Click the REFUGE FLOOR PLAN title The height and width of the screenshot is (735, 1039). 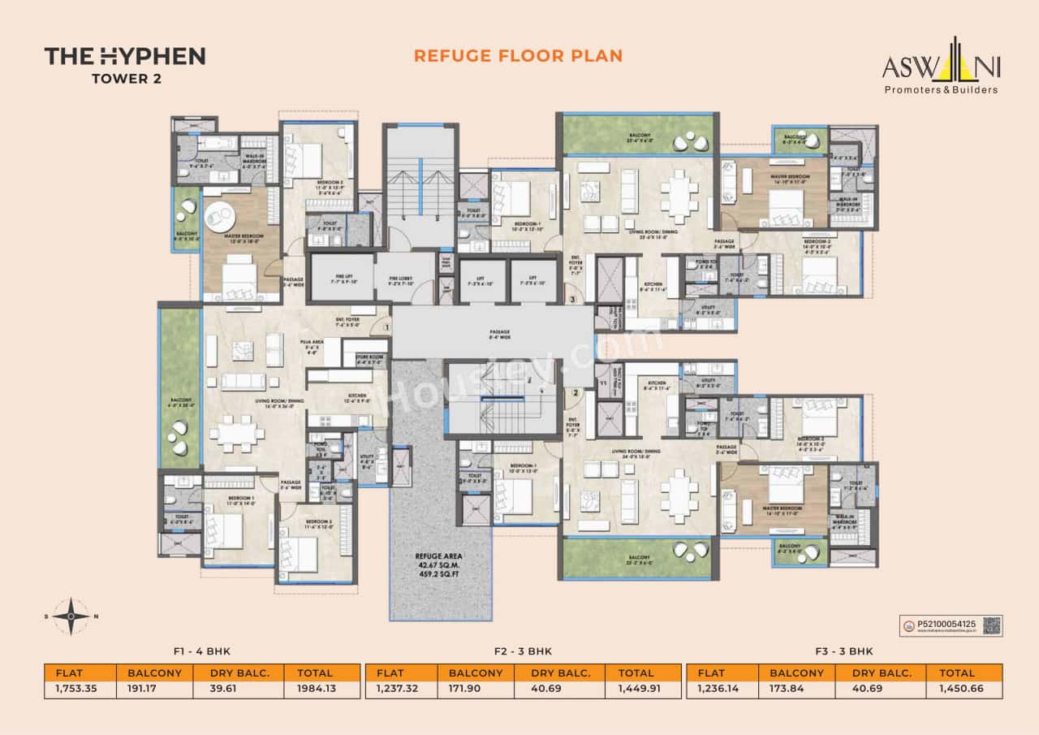(x=518, y=55)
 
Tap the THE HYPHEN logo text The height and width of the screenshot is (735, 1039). (x=124, y=56)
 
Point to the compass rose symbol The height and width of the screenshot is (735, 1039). (x=73, y=616)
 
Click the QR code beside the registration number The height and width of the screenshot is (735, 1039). (x=991, y=625)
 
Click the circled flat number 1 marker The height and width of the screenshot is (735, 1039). (x=387, y=327)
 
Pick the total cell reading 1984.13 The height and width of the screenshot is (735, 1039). (x=321, y=690)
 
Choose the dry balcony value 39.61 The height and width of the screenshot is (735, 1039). (x=233, y=690)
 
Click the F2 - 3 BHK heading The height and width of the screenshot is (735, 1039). (x=524, y=651)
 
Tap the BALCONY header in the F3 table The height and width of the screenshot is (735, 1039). (x=796, y=672)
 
